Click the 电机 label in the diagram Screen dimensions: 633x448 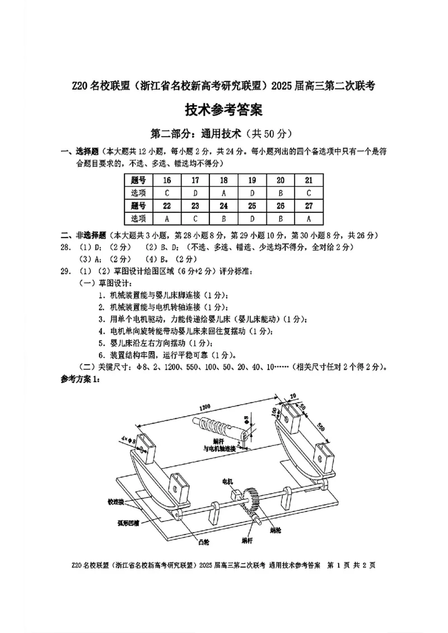pyautogui.click(x=228, y=481)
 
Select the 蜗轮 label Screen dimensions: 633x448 pyautogui.click(x=275, y=529)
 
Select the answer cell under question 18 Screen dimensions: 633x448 pyautogui.click(x=223, y=193)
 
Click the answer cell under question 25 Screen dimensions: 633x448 pyautogui.click(x=252, y=218)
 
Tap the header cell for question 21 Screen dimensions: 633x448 pyautogui.click(x=309, y=180)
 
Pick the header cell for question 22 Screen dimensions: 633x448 pyautogui.click(x=167, y=206)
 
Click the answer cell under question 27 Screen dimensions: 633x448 pyautogui.click(x=309, y=218)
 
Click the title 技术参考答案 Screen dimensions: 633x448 pyautogui.click(x=224, y=110)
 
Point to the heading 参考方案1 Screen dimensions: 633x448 pyautogui.click(x=80, y=379)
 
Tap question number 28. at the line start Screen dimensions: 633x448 pyautogui.click(x=66, y=247)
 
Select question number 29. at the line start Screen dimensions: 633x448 pyautogui.click(x=66, y=272)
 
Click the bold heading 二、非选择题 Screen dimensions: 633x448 pyautogui.click(x=83, y=235)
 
